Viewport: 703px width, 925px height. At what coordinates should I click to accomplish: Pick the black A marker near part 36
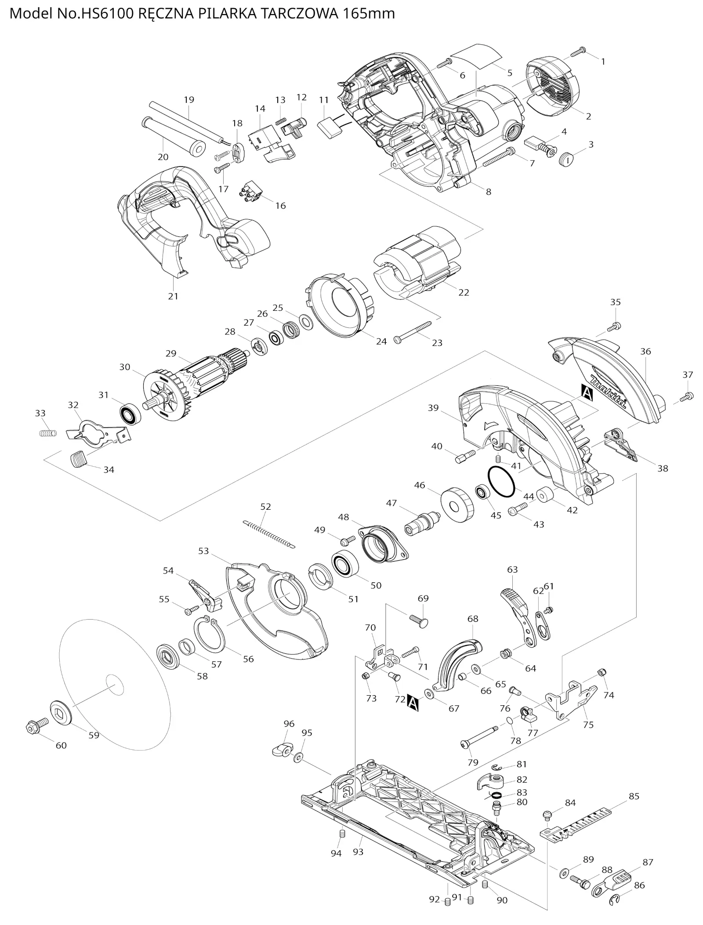(587, 392)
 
